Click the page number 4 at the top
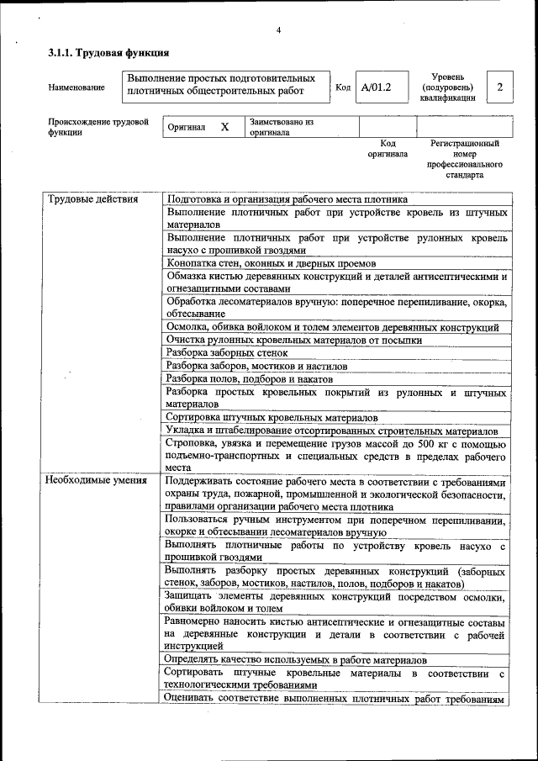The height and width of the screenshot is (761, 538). pyautogui.click(x=278, y=31)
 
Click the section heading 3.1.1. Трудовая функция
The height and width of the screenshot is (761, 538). pyautogui.click(x=102, y=55)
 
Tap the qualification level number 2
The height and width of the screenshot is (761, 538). pyautogui.click(x=499, y=87)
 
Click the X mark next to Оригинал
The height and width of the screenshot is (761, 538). pyautogui.click(x=224, y=127)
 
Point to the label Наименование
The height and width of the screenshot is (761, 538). pyautogui.click(x=76, y=87)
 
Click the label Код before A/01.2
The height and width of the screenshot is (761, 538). pyautogui.click(x=343, y=87)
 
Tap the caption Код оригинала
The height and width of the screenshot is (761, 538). pyautogui.click(x=388, y=149)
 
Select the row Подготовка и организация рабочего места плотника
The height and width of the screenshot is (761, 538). pyautogui.click(x=287, y=199)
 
